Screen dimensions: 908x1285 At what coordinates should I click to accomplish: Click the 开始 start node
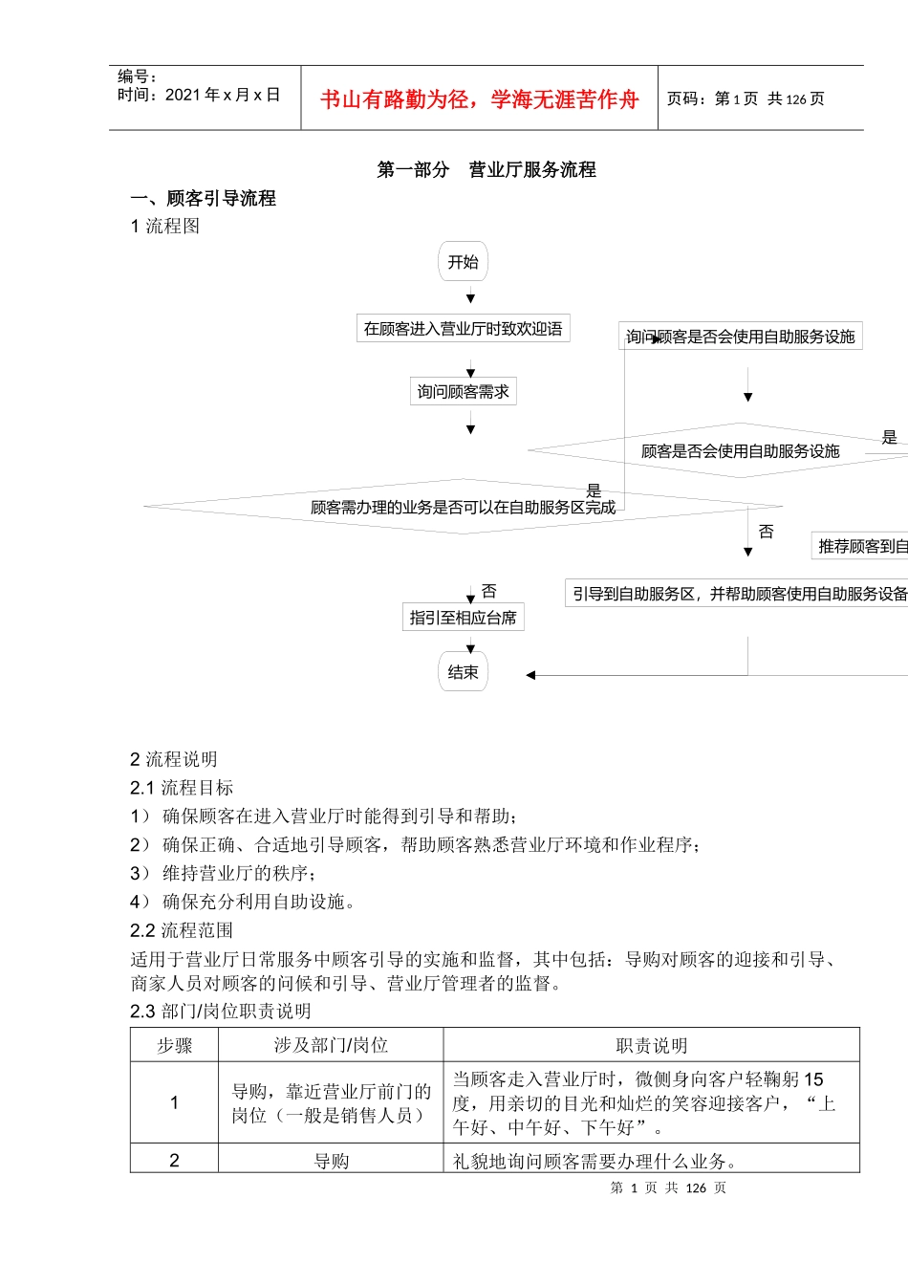(463, 262)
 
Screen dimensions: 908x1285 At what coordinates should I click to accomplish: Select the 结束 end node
(463, 672)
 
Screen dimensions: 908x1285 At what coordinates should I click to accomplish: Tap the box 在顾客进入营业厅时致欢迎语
(463, 329)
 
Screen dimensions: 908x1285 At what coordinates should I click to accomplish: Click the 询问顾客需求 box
(463, 391)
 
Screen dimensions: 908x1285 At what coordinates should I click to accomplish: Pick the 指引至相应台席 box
(463, 618)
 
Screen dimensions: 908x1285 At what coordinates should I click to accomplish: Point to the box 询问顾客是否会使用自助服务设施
(740, 337)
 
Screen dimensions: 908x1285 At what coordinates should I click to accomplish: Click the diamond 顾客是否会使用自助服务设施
(740, 450)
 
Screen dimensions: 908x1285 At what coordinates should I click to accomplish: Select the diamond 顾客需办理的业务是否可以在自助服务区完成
(463, 507)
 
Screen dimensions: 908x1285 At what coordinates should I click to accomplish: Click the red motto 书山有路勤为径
(479, 99)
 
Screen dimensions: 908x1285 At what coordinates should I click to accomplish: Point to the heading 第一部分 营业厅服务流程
(486, 169)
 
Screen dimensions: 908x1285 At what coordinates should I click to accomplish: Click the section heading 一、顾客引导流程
(203, 198)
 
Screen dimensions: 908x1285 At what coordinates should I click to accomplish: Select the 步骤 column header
(174, 1045)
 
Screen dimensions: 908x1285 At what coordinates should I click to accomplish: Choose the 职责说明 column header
(651, 1045)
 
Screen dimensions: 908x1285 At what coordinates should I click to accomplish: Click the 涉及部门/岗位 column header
(331, 1045)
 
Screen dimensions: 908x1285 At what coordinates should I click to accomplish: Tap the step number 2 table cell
(174, 1160)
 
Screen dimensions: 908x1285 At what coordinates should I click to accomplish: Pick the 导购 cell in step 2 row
(331, 1161)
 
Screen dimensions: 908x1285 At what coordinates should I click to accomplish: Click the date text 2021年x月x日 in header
(222, 95)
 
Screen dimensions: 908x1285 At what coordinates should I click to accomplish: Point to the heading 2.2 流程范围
(182, 930)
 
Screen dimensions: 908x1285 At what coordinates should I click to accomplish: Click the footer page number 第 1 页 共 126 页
(667, 1187)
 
